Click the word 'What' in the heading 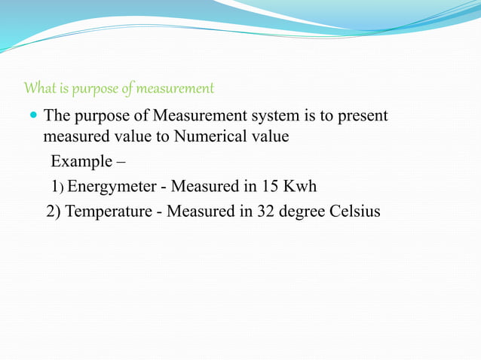(x=38, y=89)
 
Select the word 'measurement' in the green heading (x=178, y=89)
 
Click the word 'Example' (x=78, y=162)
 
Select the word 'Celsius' (x=355, y=211)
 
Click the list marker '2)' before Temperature (x=54, y=211)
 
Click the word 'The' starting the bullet (x=57, y=117)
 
